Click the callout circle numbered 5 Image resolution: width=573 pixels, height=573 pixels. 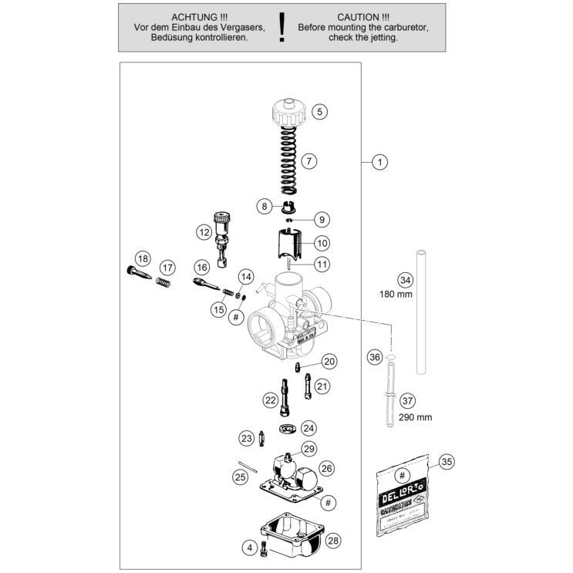(320, 111)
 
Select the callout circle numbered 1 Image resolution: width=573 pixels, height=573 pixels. (379, 162)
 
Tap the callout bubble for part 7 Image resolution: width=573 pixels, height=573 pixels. (308, 161)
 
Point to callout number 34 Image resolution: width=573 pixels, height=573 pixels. (405, 279)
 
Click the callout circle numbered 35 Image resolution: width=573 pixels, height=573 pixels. (447, 462)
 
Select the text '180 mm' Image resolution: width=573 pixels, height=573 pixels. (396, 294)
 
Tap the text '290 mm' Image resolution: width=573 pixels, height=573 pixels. (415, 416)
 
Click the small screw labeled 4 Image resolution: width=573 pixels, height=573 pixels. (264, 548)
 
